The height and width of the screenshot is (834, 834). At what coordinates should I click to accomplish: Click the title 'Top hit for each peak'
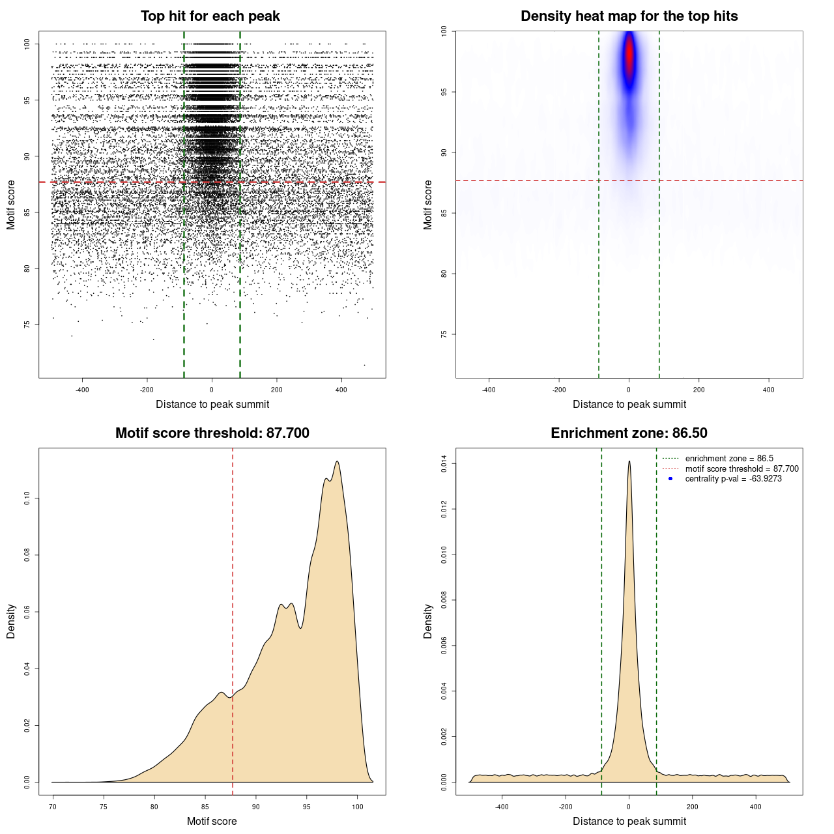(210, 16)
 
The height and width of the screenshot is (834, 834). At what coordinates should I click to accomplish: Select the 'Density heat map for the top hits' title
(629, 16)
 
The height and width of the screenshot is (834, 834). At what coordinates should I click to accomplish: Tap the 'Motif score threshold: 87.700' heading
(212, 433)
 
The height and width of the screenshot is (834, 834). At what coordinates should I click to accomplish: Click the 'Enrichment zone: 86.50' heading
(629, 433)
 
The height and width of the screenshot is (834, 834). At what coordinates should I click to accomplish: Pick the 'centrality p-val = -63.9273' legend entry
(733, 479)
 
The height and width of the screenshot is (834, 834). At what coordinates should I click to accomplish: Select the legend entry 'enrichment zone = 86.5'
(729, 459)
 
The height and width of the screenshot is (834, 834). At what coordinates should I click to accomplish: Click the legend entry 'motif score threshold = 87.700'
(741, 468)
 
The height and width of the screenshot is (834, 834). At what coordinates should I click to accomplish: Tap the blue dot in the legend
(670, 479)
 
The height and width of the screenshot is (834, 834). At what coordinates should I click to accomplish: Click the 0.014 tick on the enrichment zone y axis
(444, 464)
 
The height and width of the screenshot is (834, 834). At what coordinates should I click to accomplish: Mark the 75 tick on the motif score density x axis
(104, 807)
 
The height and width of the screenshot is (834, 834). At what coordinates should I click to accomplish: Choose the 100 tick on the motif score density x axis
(357, 807)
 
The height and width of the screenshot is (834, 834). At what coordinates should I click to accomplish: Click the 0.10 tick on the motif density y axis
(27, 498)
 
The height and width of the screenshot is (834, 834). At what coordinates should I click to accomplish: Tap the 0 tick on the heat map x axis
(629, 390)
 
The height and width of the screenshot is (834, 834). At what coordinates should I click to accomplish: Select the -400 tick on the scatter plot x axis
(82, 390)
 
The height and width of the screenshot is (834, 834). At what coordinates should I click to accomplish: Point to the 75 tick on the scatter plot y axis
(27, 324)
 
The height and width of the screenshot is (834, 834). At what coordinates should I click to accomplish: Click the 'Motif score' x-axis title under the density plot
(212, 821)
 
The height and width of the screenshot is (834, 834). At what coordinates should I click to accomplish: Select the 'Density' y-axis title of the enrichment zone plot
(428, 621)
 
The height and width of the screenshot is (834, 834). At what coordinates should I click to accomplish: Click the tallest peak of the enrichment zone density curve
(629, 461)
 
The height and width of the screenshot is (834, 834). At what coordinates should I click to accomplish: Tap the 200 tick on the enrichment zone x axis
(693, 807)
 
